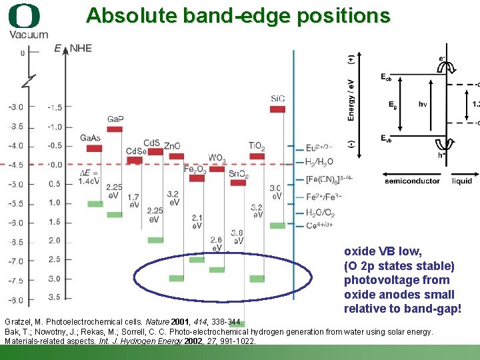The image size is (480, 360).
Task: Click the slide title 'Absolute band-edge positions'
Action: [237, 15]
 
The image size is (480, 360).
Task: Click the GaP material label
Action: [115, 118]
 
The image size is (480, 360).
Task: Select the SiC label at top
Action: [278, 99]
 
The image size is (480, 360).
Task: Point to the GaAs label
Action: [91, 138]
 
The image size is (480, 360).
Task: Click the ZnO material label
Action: [172, 145]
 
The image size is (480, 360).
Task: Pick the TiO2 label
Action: [257, 146]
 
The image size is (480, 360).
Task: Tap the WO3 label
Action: [217, 158]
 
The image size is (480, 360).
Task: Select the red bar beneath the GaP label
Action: [115, 128]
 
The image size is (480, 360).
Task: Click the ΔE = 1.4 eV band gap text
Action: [89, 177]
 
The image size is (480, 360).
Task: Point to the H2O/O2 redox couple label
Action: [320, 213]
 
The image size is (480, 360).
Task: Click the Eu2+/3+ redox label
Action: [319, 148]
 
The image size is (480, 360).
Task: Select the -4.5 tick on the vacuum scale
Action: [15, 164]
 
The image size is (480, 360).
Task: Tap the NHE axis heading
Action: [81, 48]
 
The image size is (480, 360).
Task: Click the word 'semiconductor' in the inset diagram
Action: [412, 181]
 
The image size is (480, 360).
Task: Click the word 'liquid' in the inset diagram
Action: [461, 181]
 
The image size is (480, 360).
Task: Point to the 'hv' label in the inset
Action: [423, 104]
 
